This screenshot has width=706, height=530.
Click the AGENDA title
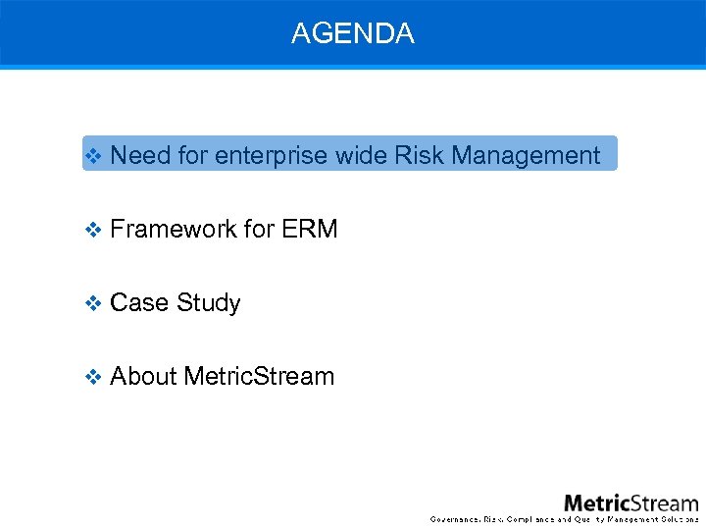click(353, 33)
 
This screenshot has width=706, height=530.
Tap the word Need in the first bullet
click(140, 155)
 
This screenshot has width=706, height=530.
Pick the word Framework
click(174, 229)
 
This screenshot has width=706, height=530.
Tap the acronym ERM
click(309, 229)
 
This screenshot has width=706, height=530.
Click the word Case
click(138, 302)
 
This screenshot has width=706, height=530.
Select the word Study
click(208, 302)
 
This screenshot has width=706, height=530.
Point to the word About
click(143, 376)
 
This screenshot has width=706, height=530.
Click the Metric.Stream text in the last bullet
click(259, 376)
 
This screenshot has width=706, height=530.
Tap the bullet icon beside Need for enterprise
click(94, 156)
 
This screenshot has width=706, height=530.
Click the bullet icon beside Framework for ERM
click(94, 230)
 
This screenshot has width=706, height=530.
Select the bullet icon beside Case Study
click(94, 303)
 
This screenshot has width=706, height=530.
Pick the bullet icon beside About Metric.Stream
click(94, 377)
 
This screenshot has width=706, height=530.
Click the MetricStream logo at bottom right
click(630, 503)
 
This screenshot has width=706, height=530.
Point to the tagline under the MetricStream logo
click(565, 518)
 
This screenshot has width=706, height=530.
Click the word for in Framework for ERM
click(259, 229)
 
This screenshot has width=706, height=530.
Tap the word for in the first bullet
click(193, 155)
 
